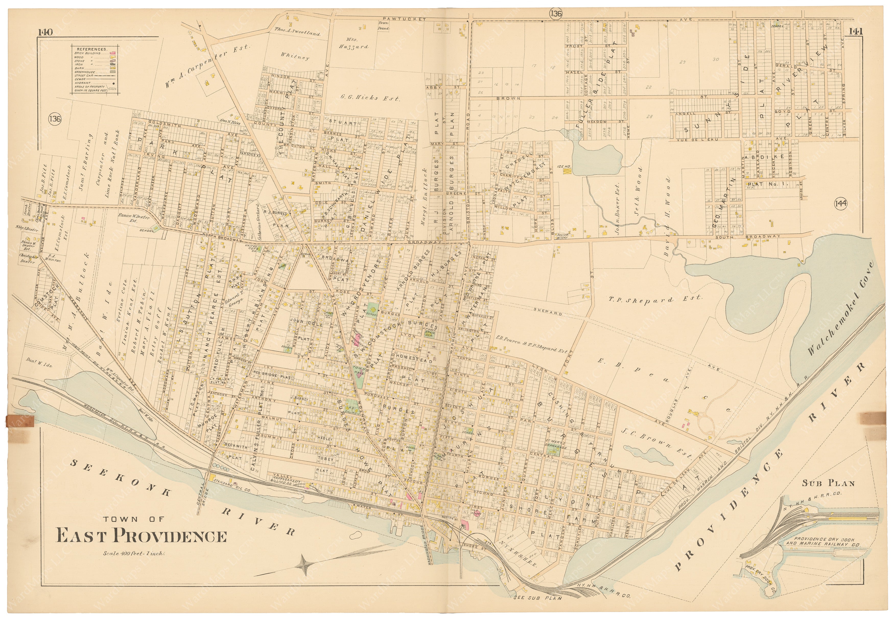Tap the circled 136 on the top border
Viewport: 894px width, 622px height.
coord(556,14)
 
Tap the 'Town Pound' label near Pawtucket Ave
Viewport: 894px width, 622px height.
coord(384,25)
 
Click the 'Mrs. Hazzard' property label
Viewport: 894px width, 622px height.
coord(357,43)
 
